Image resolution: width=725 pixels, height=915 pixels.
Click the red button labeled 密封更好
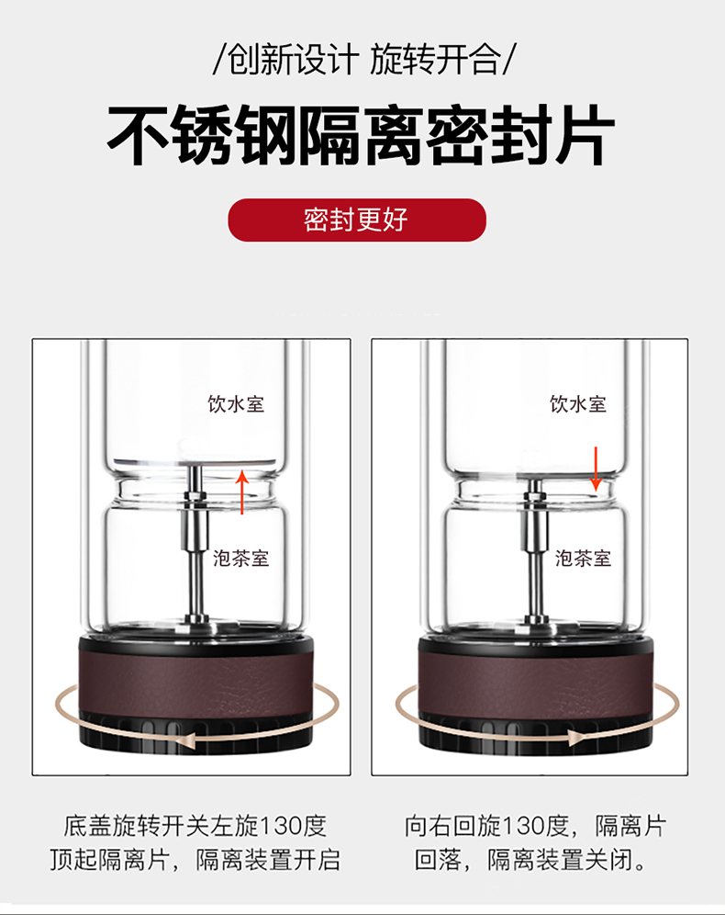(357, 220)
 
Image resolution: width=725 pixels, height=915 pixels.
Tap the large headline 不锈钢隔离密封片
(361, 136)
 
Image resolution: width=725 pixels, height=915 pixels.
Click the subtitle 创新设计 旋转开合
(362, 59)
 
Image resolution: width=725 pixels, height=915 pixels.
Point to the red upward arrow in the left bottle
(242, 492)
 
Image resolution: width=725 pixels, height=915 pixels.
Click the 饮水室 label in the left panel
(236, 404)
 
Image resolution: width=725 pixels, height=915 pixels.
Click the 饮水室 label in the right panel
(578, 404)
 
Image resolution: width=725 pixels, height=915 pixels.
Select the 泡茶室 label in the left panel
(240, 558)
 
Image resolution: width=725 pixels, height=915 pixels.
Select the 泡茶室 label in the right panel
(583, 558)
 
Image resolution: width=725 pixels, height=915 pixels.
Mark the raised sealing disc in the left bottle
(195, 463)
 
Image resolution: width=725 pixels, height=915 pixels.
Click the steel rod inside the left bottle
(195, 543)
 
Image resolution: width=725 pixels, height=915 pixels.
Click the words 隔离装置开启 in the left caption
(268, 860)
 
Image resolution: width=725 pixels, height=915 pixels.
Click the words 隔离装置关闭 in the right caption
(560, 860)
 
